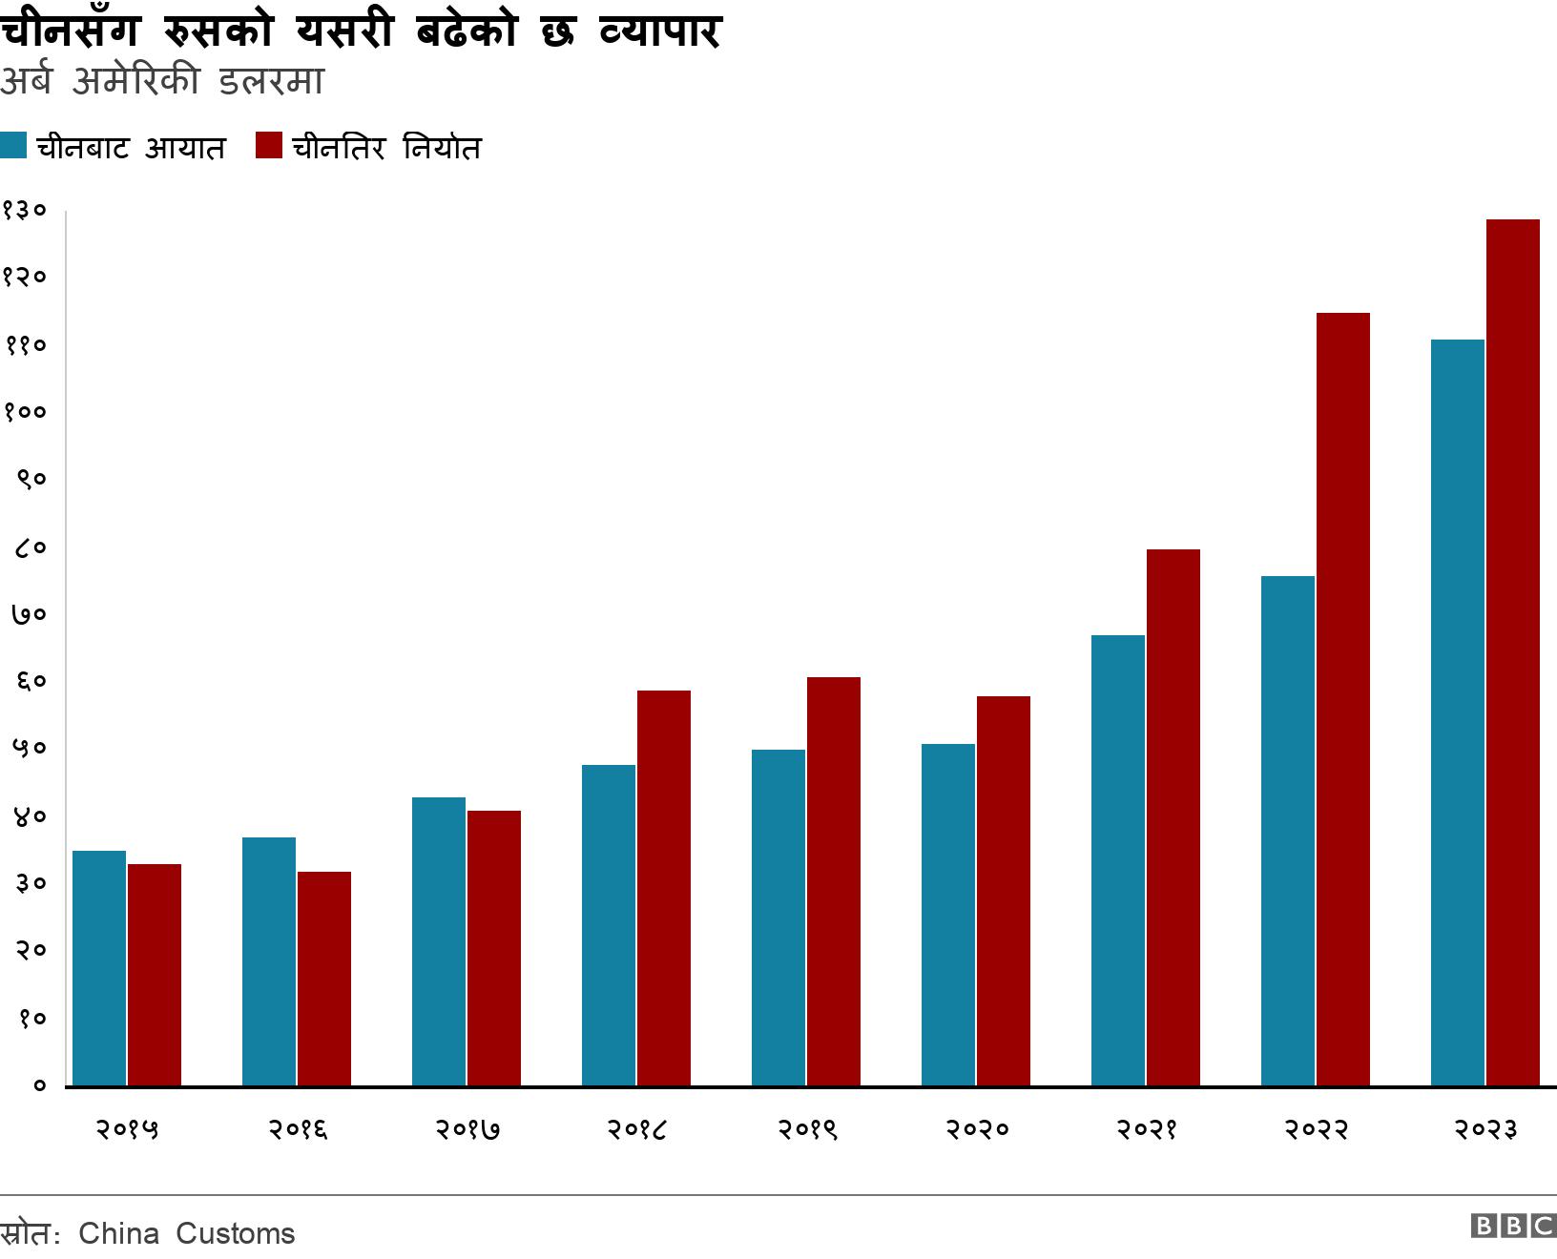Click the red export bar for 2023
pos(1512,652)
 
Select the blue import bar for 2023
pos(1457,712)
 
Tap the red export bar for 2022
pos(1342,699)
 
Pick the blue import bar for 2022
pos(1287,831)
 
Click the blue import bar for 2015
pos(99,968)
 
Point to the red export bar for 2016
pos(323,979)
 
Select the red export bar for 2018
pos(663,888)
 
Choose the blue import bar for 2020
pos(947,915)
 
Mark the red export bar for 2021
pos(1173,817)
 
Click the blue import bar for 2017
pos(439,941)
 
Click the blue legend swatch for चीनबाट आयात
pos(13,146)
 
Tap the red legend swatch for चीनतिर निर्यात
pos(269,146)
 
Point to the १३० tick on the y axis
pos(24,210)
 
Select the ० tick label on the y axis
pos(39,1085)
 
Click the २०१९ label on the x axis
pos(806,1129)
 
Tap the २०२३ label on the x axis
pos(1484,1129)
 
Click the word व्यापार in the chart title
pos(660,31)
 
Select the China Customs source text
pos(187,1233)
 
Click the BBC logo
pos(1513,1227)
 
